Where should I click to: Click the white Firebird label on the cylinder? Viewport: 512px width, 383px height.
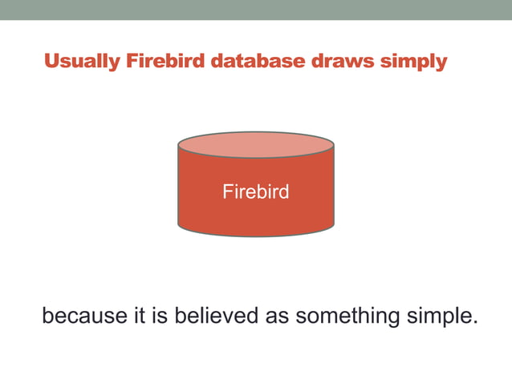(x=255, y=193)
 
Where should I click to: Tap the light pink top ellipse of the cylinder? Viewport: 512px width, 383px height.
(x=255, y=145)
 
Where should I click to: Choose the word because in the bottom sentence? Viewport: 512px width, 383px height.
(x=84, y=316)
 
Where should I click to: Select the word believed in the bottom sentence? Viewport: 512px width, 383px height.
(x=213, y=316)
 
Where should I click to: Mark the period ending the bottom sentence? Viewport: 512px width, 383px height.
(x=474, y=323)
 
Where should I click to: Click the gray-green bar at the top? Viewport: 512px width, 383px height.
(x=256, y=10)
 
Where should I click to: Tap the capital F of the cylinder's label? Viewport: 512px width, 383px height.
(x=226, y=193)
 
